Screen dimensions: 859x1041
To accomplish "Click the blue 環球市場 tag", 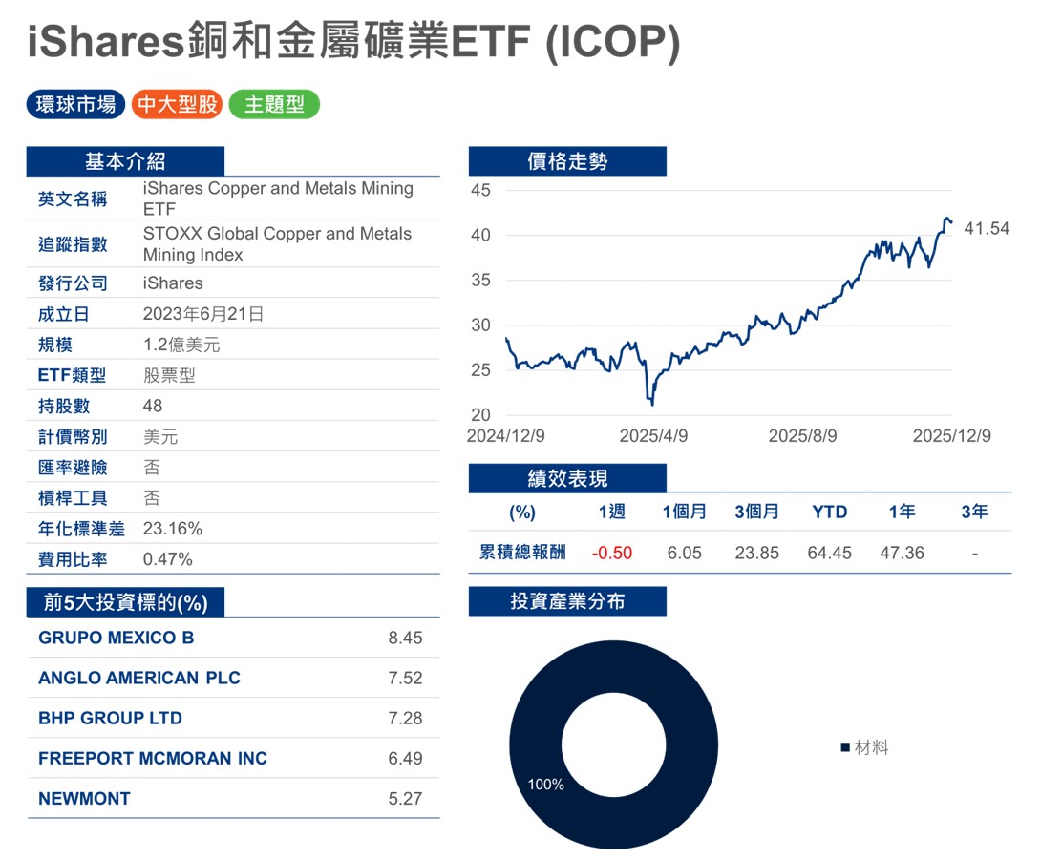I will click(x=75, y=105).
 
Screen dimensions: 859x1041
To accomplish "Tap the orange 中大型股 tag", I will click(x=177, y=105).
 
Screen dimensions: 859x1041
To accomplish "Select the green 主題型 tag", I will click(x=274, y=105).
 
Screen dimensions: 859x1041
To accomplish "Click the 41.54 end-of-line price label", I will click(x=987, y=229).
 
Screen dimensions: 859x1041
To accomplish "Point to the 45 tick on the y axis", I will click(x=481, y=190).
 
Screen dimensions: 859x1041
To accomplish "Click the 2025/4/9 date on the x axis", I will click(x=653, y=435).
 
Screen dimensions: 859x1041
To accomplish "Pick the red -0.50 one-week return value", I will click(x=611, y=553).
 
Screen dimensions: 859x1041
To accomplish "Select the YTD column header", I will click(x=829, y=512).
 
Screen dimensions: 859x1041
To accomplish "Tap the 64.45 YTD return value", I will click(x=829, y=553).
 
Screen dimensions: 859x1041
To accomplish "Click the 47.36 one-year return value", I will click(x=902, y=553).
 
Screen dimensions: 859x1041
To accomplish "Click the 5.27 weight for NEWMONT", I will click(x=405, y=799).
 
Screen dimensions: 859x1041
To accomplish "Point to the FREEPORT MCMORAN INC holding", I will click(x=153, y=759).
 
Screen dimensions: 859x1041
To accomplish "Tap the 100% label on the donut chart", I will click(x=546, y=785).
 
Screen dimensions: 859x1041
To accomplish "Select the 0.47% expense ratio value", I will click(x=168, y=559).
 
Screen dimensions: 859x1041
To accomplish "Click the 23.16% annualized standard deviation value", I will click(x=173, y=529).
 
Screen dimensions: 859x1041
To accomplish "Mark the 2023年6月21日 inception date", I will click(x=203, y=314).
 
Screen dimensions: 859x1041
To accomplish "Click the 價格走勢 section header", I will click(x=567, y=161).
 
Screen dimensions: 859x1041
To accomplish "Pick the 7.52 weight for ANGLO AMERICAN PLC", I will click(x=405, y=679).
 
